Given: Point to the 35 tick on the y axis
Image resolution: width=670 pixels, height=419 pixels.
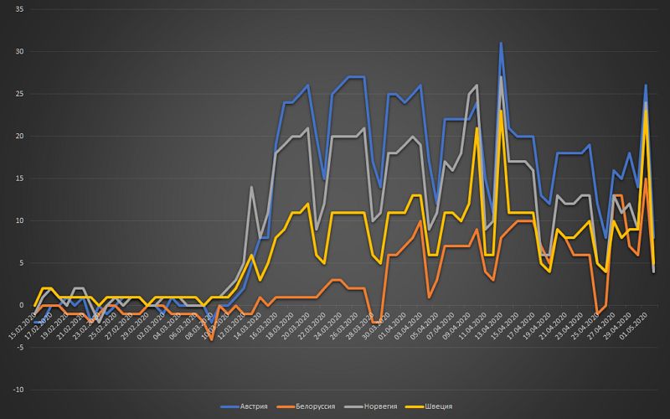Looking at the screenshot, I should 18,9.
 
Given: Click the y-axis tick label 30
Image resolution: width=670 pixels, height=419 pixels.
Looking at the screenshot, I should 18,52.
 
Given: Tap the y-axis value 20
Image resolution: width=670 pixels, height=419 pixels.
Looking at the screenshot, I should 18,137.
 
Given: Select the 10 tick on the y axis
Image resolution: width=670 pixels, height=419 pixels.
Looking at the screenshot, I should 18,221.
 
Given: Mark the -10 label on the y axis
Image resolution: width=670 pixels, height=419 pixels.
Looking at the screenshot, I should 17,391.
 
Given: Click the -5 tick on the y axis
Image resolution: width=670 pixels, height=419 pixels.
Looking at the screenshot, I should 18,348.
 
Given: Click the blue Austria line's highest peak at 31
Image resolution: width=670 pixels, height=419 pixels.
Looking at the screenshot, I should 501,43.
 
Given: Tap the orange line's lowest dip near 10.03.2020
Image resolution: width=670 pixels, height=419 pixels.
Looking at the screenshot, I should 211,339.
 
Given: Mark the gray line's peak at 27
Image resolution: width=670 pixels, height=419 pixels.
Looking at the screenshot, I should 501,77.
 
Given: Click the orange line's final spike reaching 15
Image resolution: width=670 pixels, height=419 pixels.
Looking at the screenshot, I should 646,178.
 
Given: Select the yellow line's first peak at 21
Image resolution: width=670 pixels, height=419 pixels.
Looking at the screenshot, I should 477,128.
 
